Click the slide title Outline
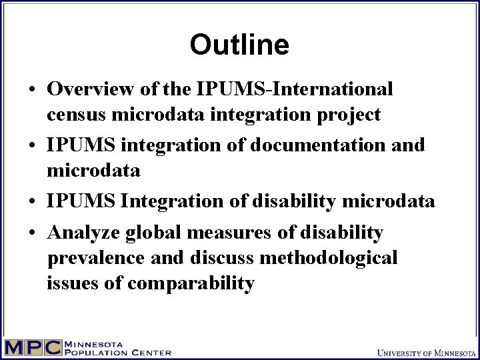(x=239, y=45)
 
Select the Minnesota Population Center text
(x=117, y=347)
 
